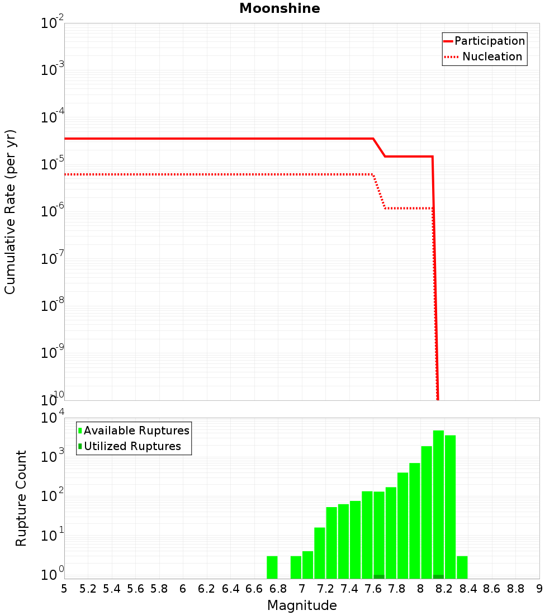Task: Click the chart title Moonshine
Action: (x=279, y=8)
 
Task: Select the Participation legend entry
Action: (x=490, y=41)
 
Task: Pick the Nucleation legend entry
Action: (x=492, y=56)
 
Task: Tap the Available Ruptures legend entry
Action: (x=136, y=430)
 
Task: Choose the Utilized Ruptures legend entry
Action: (x=132, y=446)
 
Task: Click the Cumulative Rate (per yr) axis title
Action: (x=10, y=211)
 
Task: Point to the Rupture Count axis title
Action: (x=21, y=498)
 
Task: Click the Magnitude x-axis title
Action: (x=302, y=605)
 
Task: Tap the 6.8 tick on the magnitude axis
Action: (x=278, y=589)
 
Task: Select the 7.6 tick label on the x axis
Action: (x=373, y=589)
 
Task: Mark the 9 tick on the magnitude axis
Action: (x=539, y=589)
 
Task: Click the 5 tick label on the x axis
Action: (x=64, y=589)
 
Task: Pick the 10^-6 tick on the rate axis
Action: (x=53, y=212)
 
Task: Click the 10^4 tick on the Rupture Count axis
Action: (x=53, y=418)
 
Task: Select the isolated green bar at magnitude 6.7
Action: (x=272, y=567)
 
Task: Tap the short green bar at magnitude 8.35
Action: (x=462, y=567)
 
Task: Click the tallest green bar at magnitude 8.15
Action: (x=438, y=503)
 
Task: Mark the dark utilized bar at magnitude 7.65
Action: (x=379, y=576)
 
